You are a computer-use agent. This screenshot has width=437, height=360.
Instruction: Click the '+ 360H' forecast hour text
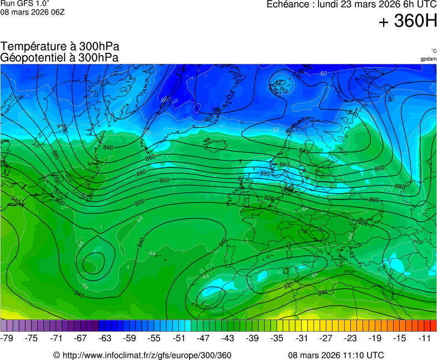click(x=408, y=21)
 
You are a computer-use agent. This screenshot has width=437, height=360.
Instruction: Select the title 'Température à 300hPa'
click(x=60, y=47)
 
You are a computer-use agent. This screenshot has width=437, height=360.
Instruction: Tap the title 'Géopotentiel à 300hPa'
click(x=59, y=57)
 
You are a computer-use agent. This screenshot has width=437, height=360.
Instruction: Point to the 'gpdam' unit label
click(x=428, y=59)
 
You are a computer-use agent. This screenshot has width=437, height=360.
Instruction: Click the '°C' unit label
click(x=433, y=51)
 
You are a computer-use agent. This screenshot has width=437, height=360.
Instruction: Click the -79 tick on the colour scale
click(x=8, y=338)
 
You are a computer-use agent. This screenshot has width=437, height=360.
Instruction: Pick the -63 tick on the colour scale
click(x=105, y=338)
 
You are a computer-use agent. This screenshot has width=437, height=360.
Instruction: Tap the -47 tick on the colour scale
click(x=203, y=338)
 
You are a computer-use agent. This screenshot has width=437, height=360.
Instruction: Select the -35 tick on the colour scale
click(x=276, y=338)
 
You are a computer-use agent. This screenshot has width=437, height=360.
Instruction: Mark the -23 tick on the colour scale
click(x=350, y=338)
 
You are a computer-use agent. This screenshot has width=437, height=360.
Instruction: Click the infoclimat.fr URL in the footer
click(x=142, y=356)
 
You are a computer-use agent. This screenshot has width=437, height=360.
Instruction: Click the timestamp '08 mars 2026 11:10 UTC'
click(x=336, y=356)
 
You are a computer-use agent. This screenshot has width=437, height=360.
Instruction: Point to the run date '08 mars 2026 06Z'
click(x=32, y=12)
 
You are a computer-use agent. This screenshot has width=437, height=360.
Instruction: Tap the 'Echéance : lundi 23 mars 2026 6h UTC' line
click(x=351, y=4)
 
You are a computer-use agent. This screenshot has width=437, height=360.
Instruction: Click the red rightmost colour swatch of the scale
click(x=433, y=326)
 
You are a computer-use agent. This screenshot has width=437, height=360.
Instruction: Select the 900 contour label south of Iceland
click(x=165, y=181)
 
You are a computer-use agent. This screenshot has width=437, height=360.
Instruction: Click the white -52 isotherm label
click(x=275, y=130)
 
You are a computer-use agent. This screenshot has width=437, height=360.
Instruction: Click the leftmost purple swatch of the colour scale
click(x=4, y=326)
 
